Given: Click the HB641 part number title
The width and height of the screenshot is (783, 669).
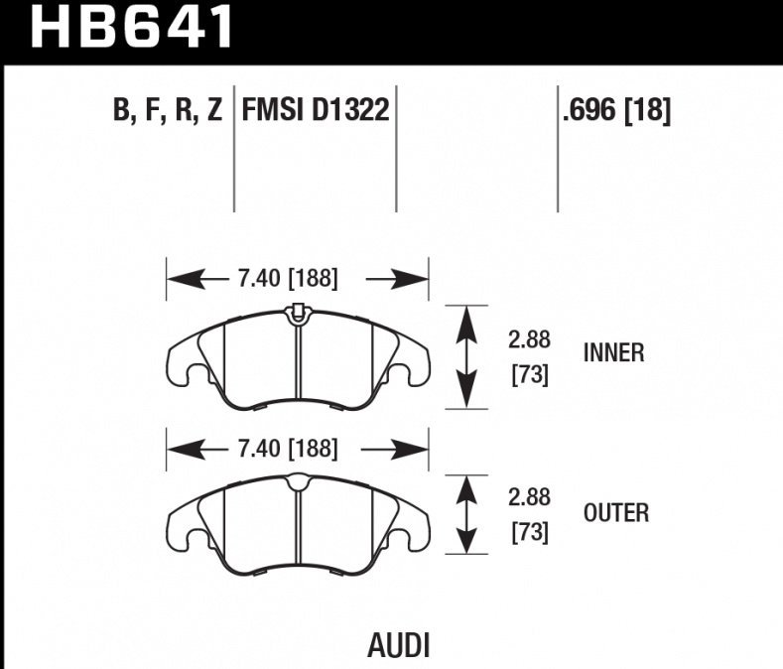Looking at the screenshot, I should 133,28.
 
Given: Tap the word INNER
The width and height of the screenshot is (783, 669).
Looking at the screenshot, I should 613,352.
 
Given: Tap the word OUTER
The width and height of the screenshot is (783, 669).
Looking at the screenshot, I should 615,513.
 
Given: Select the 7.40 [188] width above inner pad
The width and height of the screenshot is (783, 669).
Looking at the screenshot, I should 288,280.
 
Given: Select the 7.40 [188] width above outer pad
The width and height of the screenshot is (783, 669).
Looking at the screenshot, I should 288,450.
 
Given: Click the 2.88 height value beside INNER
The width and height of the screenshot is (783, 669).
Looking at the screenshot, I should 529,340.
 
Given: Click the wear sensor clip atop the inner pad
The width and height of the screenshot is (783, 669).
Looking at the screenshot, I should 297,313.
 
